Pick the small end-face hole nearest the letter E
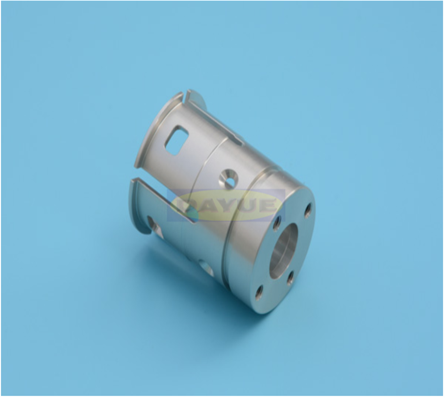[277, 220]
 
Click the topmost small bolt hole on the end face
[308, 210]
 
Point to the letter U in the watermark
[250, 206]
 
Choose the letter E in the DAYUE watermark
[270, 206]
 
